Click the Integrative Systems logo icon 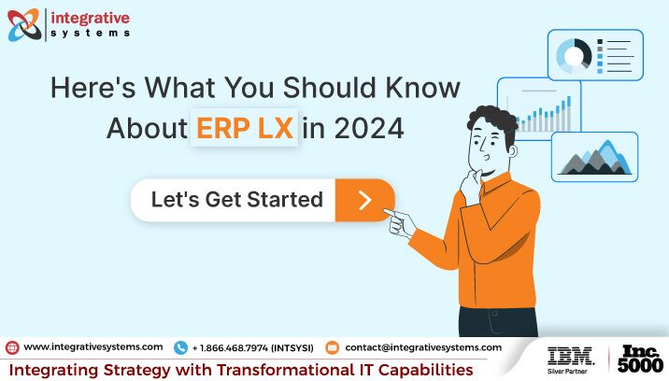click(24, 25)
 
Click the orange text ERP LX click(245, 128)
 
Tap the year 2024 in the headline click(369, 128)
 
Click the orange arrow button click(364, 200)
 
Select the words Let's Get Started click(237, 199)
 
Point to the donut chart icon click(574, 55)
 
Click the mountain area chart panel click(595, 157)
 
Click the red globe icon click(12, 347)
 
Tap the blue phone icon click(181, 347)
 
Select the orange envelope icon click(332, 347)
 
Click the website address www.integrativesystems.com click(93, 346)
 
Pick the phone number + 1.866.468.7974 click(230, 348)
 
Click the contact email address click(423, 347)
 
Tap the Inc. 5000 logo click(640, 359)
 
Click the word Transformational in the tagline click(286, 370)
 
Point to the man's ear click(512, 150)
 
